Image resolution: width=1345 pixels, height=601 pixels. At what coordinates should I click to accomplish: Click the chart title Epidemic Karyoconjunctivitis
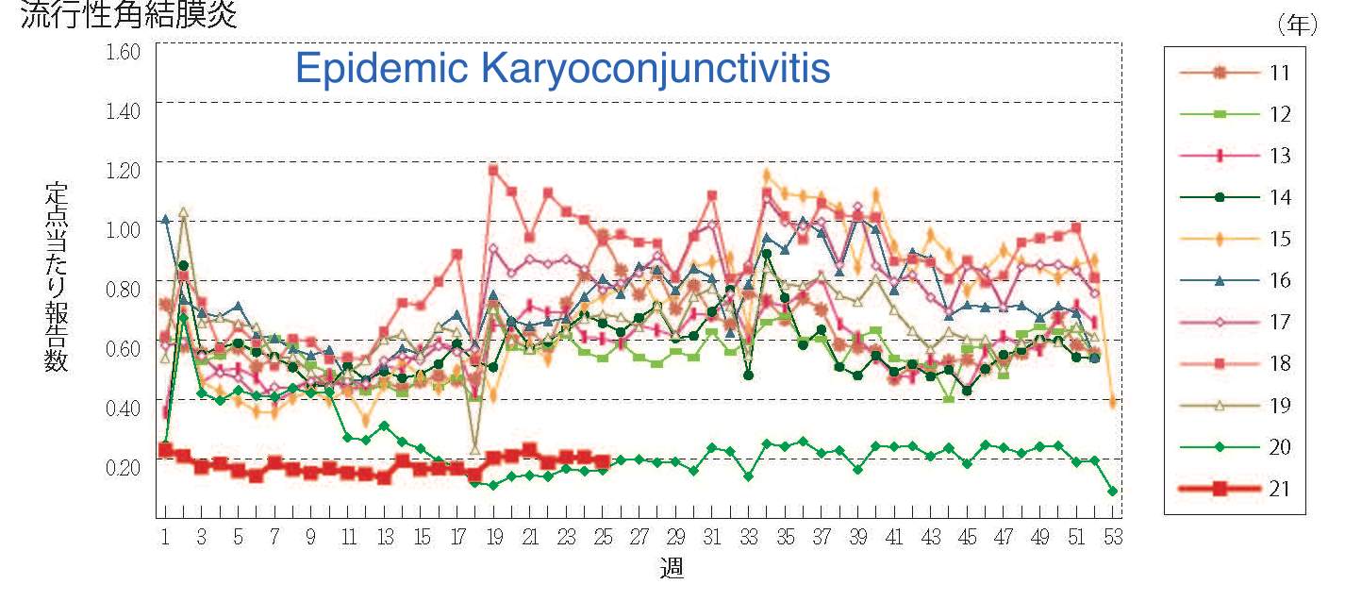point(562,68)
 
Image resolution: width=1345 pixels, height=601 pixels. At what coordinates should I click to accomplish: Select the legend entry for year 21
point(1236,488)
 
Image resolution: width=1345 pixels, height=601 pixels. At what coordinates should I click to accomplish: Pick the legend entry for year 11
point(1236,73)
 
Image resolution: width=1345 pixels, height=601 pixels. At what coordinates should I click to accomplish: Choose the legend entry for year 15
point(1236,239)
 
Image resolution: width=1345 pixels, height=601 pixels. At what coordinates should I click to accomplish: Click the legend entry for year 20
point(1236,446)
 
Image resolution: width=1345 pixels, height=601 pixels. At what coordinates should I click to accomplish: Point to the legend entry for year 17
point(1236,322)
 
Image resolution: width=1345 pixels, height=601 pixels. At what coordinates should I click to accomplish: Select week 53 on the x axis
point(1113,538)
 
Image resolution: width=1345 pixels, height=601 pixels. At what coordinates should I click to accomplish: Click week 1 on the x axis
point(165,538)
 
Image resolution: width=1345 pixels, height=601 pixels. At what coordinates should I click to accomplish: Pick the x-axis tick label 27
point(639,538)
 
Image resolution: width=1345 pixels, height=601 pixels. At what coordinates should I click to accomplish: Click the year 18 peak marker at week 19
point(492,170)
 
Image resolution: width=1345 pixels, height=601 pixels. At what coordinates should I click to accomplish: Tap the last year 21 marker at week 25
point(602,461)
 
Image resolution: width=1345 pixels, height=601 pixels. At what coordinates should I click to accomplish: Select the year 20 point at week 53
point(1113,491)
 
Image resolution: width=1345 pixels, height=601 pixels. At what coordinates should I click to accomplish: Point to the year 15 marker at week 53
point(1113,403)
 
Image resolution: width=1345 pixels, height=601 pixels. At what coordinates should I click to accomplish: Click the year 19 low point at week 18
point(474,448)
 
